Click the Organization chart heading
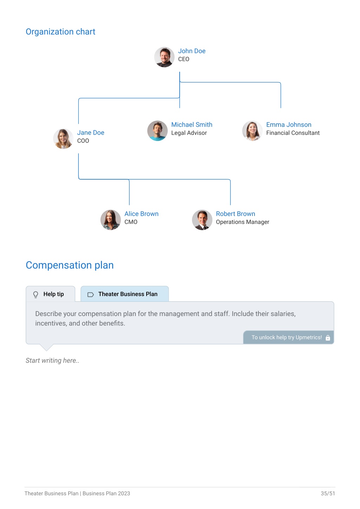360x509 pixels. click(x=60, y=32)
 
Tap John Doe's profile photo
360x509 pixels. click(x=164, y=57)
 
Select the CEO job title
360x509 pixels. click(x=184, y=59)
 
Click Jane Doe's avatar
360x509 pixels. click(x=63, y=139)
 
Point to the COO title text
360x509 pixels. click(x=83, y=141)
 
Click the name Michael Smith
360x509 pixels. click(x=192, y=124)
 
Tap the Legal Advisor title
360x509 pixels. click(x=189, y=133)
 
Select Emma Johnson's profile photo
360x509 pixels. click(x=252, y=131)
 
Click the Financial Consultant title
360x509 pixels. click(x=293, y=133)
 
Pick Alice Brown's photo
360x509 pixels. click(x=110, y=220)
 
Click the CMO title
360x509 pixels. click(x=131, y=222)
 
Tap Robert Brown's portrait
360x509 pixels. click(x=202, y=220)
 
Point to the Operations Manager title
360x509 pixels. click(x=243, y=222)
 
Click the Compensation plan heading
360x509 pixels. click(x=70, y=265)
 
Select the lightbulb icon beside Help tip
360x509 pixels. click(x=36, y=295)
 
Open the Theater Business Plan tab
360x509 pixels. click(x=124, y=294)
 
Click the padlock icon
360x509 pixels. click(x=328, y=338)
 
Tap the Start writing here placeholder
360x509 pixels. click(x=52, y=360)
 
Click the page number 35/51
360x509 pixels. click(x=328, y=493)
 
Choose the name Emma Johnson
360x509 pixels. click(x=289, y=124)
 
